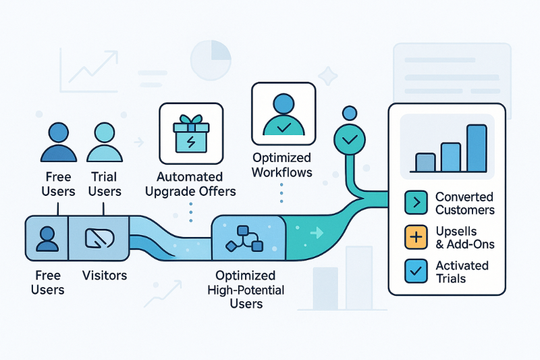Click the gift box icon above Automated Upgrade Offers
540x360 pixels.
coord(191,133)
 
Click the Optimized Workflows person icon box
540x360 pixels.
coord(283,113)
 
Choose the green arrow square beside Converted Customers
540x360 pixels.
coord(415,203)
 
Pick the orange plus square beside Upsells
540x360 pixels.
coord(415,237)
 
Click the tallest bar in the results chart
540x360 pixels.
coord(477,148)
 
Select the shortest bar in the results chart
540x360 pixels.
coord(425,162)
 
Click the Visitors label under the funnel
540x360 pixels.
coord(104,276)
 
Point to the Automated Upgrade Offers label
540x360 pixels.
coord(196,184)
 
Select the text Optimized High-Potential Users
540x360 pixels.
coord(245,290)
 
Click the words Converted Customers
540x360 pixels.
coord(464,203)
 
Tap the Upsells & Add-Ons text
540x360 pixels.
coord(464,238)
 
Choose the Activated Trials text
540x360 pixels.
coord(463,272)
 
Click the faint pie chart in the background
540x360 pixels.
coord(211,60)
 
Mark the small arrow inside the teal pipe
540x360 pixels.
coord(314,234)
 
